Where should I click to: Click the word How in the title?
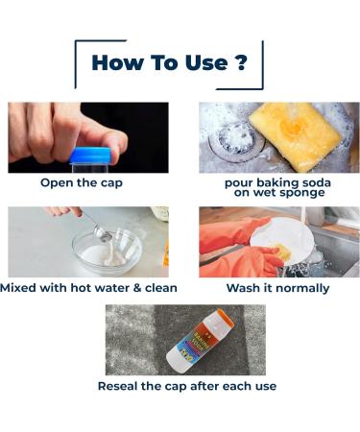(x=116, y=63)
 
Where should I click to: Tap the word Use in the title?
(x=203, y=63)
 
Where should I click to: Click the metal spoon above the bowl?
(x=97, y=227)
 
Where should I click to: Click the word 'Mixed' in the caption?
(x=23, y=287)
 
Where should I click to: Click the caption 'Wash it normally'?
(x=277, y=287)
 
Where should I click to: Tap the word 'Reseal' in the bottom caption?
(x=122, y=385)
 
